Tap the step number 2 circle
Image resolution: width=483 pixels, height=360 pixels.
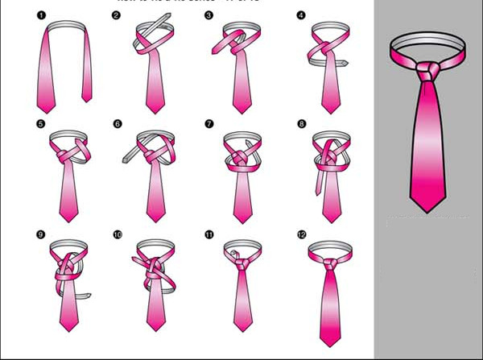(x=117, y=14)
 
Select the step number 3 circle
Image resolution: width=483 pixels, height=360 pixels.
(x=208, y=14)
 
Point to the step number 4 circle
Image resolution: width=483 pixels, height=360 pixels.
(x=300, y=14)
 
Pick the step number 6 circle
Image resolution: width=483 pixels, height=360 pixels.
(x=117, y=124)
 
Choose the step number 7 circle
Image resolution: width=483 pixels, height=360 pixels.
(x=208, y=124)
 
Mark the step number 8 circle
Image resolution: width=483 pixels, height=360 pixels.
(x=301, y=124)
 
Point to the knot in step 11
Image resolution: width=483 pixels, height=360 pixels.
(x=238, y=260)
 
